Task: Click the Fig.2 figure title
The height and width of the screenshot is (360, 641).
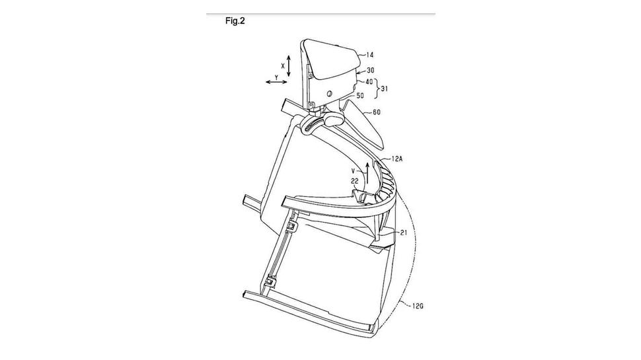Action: point(235,21)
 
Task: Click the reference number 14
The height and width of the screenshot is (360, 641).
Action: point(369,55)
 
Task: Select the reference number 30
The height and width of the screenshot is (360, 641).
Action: point(370,70)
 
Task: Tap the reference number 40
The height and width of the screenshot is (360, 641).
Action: point(369,82)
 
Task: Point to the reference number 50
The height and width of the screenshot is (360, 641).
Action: point(360,96)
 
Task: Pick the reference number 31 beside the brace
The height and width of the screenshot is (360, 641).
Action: point(385,89)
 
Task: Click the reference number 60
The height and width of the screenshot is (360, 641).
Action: point(376,112)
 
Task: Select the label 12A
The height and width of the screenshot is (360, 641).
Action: point(396,159)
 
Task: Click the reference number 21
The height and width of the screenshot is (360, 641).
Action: point(404,233)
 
